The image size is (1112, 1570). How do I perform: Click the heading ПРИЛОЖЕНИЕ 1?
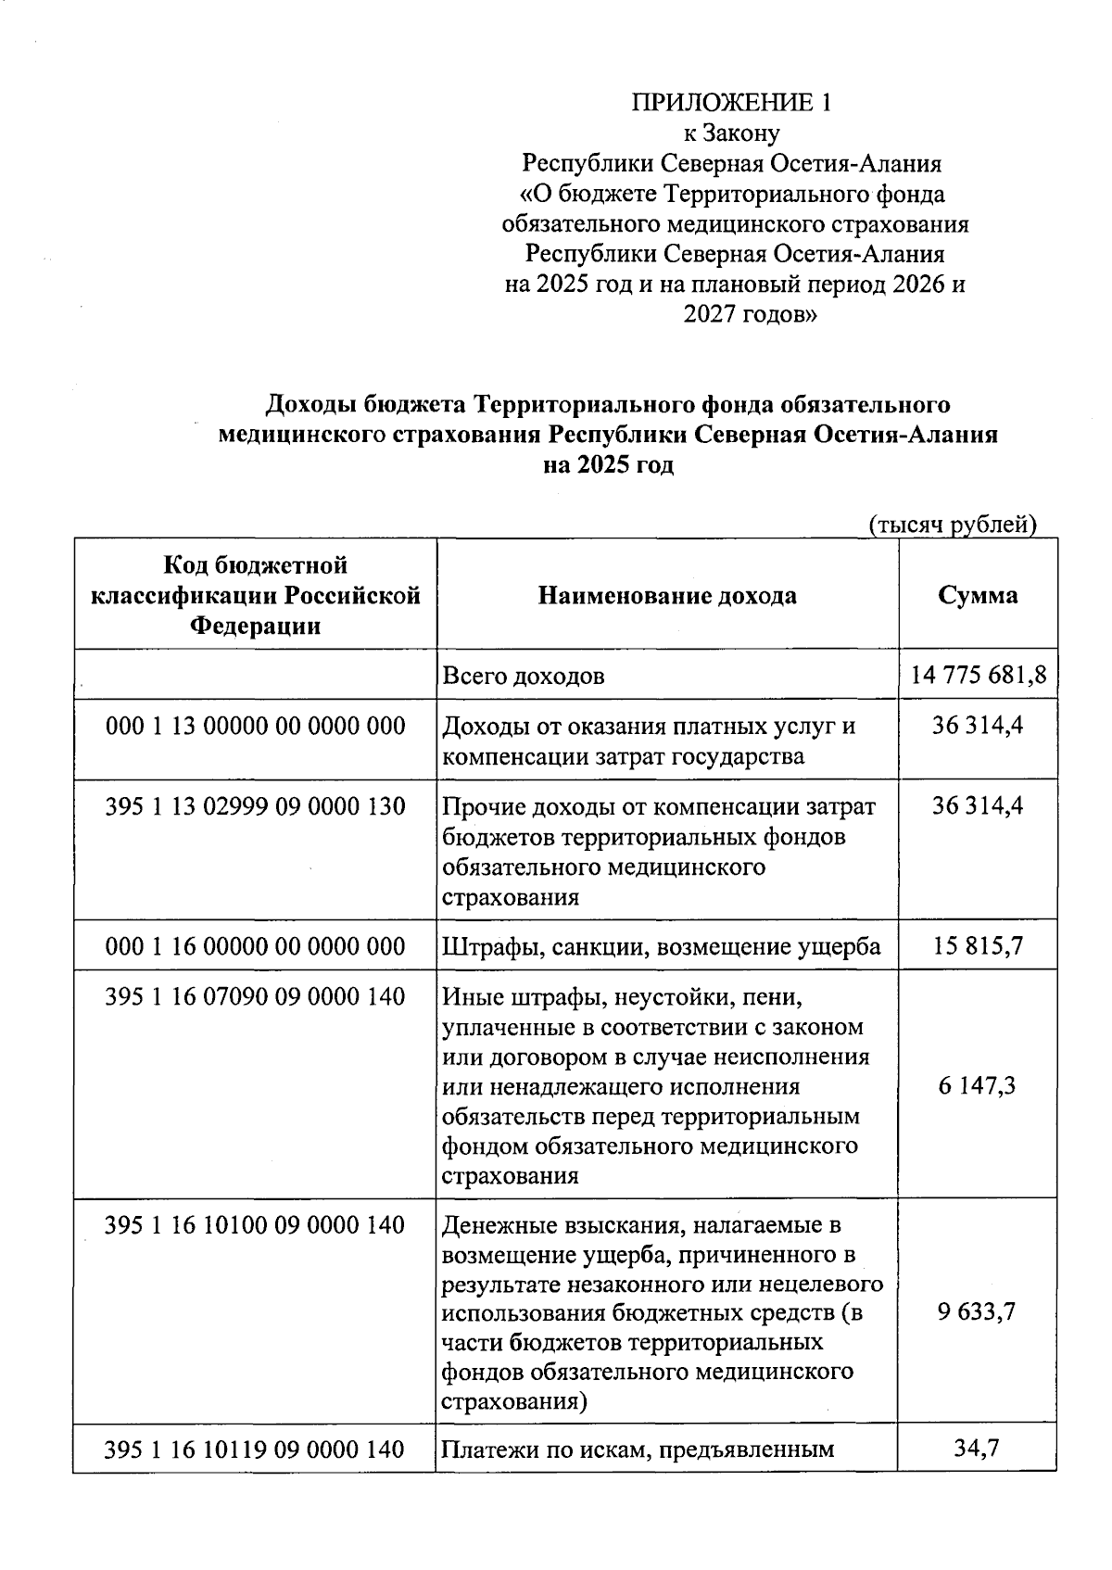(x=731, y=103)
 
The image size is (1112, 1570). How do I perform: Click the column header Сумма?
(x=977, y=595)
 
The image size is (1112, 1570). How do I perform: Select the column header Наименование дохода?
(x=667, y=595)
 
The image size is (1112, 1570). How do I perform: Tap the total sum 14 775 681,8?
(x=978, y=675)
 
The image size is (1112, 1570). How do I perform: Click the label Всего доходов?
(x=524, y=676)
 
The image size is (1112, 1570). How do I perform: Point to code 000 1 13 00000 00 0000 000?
(x=256, y=726)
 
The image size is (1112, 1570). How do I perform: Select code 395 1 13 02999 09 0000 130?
(x=256, y=806)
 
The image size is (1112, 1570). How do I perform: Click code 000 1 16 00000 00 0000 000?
(x=256, y=946)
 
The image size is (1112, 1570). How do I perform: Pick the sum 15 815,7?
(x=977, y=946)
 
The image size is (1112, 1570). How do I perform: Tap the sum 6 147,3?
(x=977, y=1084)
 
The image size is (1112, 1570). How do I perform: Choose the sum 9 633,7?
(x=977, y=1311)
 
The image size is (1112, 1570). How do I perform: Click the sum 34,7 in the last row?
(x=977, y=1448)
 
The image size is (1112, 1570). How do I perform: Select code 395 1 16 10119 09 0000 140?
(x=256, y=1450)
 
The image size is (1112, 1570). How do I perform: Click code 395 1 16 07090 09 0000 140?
(x=256, y=997)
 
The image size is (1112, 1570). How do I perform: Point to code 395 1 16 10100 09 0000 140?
(x=256, y=1225)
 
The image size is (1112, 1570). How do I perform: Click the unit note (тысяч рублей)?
(x=952, y=525)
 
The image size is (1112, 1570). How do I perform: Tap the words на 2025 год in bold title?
(x=608, y=465)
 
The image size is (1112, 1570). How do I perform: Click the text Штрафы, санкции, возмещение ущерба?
(x=662, y=947)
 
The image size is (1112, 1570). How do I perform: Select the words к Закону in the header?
(x=731, y=133)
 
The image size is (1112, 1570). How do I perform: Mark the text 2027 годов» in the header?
(x=751, y=315)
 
